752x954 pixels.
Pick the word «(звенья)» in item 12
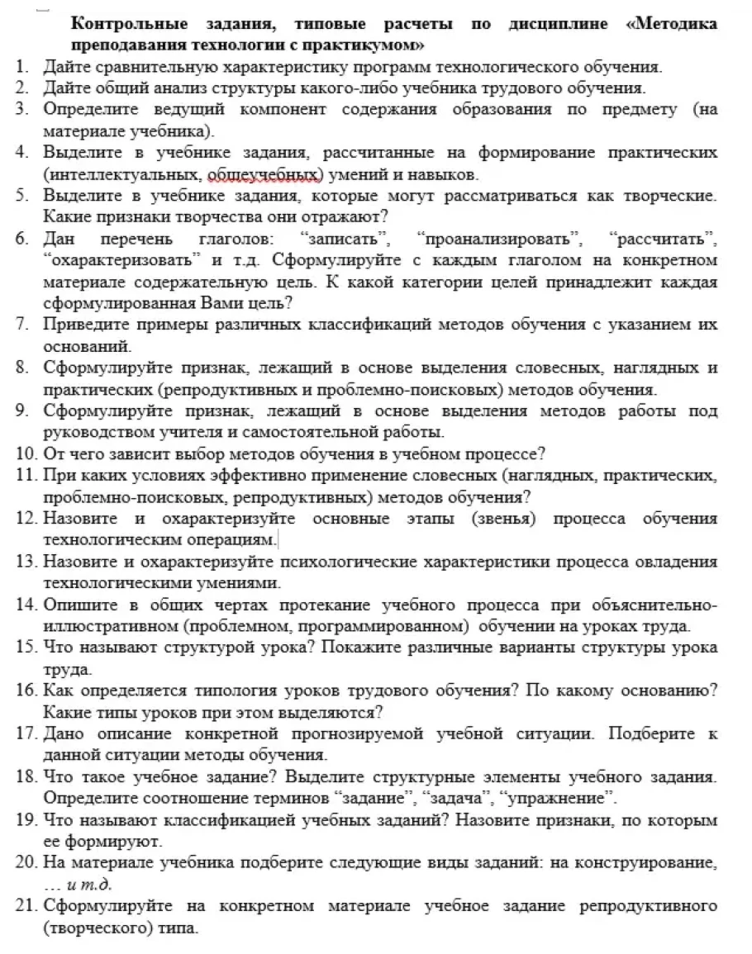click(x=503, y=519)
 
